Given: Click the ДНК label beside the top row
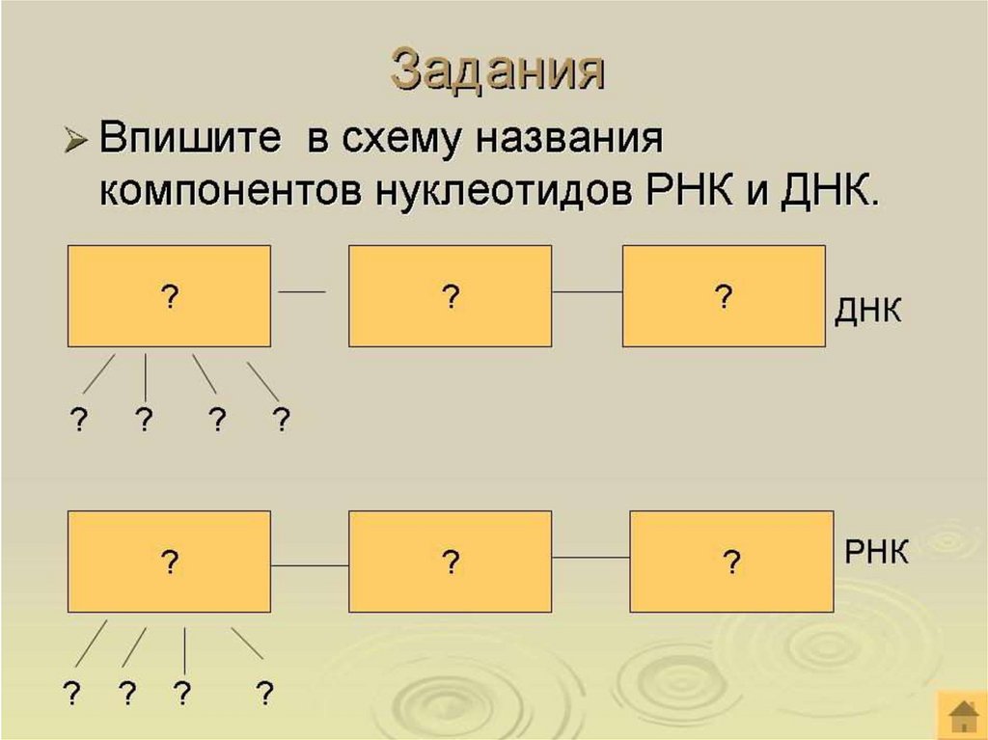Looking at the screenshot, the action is pos(867,313).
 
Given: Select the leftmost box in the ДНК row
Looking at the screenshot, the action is pos(169,296).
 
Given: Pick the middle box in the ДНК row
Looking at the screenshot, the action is pos(449,296).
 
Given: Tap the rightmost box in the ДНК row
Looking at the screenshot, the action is pos(723,296).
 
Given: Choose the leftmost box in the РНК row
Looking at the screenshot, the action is pos(169,562).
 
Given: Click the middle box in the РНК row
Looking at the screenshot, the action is pos(449,562).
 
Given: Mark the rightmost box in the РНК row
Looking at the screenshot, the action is pos(730,562).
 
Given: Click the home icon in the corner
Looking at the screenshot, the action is pos(962,715).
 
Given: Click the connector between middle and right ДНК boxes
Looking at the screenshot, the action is pos(586,290).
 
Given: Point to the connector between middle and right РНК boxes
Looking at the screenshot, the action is pos(590,558).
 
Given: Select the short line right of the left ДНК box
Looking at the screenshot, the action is pos(301,290).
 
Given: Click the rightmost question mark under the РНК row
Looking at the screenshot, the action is pos(263,692).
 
